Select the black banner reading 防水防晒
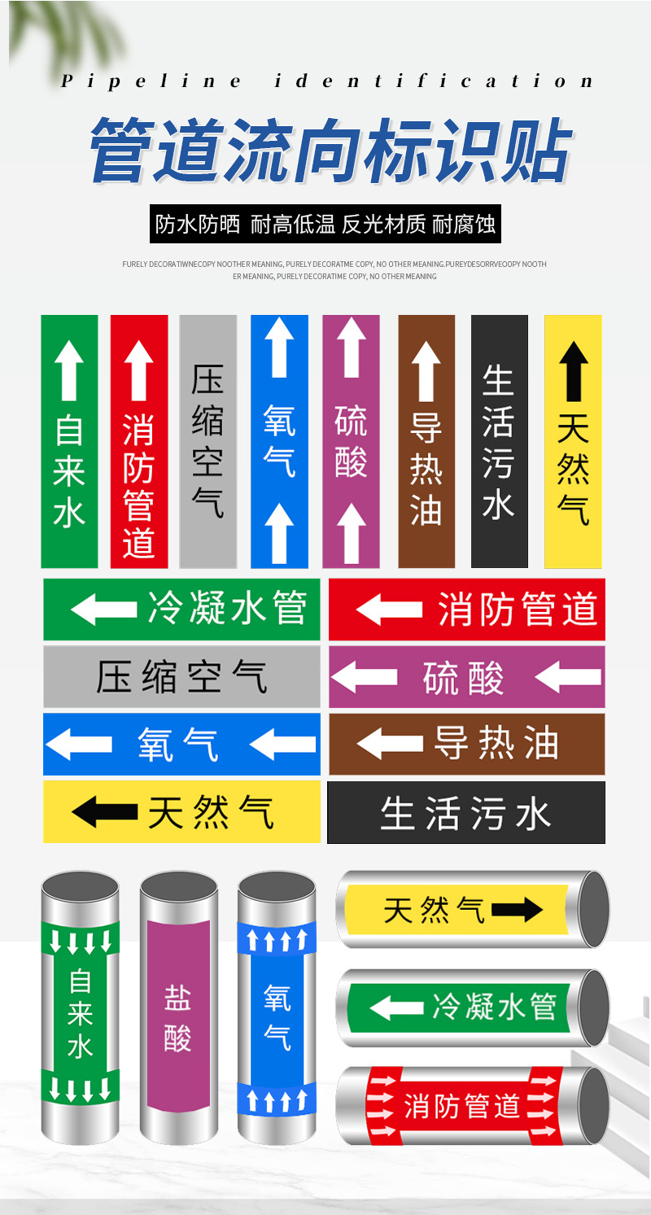[326, 224]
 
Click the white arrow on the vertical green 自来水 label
[69, 369]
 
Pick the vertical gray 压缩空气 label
[208, 441]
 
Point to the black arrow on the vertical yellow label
[574, 370]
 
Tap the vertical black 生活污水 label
[499, 441]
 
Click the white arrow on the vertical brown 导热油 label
[426, 370]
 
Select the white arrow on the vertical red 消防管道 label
[138, 369]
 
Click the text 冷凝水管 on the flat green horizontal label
[227, 608]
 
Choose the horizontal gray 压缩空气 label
[181, 677]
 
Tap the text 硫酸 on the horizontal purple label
[464, 677]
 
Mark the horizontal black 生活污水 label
[466, 812]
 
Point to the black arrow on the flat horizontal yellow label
[104, 811]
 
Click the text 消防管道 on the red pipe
[461, 1105]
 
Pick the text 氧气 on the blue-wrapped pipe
[277, 1016]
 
